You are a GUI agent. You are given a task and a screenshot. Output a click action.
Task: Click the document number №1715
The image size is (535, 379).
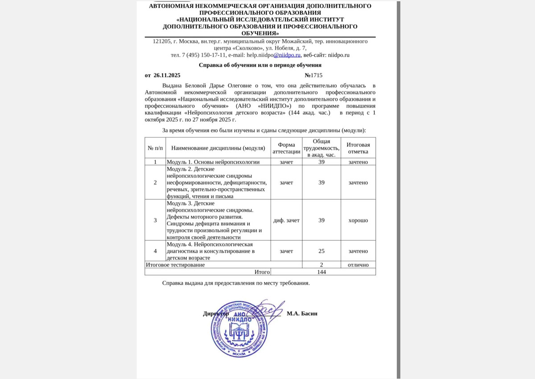coord(313,75)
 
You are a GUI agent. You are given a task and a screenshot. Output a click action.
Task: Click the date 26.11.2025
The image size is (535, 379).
coord(167,75)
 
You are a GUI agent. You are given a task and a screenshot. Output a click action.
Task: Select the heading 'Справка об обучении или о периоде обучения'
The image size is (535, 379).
coord(260,65)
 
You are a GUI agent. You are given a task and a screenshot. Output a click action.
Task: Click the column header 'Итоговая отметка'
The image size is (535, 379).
coord(358,148)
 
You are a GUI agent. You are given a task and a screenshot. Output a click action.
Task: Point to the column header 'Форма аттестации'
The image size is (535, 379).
coord(286,148)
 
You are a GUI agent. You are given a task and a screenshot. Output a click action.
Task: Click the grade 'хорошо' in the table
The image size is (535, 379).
coord(358,220)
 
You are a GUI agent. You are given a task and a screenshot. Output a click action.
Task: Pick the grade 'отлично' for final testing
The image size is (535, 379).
coord(358,265)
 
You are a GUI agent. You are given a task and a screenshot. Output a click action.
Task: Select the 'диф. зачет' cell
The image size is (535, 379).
coord(286,220)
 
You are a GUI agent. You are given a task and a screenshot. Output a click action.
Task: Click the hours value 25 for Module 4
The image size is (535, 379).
coord(321,251)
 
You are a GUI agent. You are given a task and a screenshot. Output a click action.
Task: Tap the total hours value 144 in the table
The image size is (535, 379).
coord(321,272)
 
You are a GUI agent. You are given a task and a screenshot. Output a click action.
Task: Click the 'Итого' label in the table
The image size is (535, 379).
coord(262,272)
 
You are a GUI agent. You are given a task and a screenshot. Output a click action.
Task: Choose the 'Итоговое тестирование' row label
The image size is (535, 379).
coord(175,265)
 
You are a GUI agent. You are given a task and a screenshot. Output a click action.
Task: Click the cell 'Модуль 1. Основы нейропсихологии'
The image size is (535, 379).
coord(213,162)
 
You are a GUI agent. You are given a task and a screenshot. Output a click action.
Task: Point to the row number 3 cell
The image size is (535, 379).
coord(155,220)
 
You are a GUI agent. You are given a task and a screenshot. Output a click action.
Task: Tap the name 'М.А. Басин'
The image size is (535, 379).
coord(302,313)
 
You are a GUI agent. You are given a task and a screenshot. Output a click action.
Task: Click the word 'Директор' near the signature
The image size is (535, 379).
coord(216,313)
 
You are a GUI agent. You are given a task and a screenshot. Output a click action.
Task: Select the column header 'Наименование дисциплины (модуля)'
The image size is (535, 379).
coord(218,148)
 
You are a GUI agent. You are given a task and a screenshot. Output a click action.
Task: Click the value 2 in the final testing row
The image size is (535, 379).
coord(321,265)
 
